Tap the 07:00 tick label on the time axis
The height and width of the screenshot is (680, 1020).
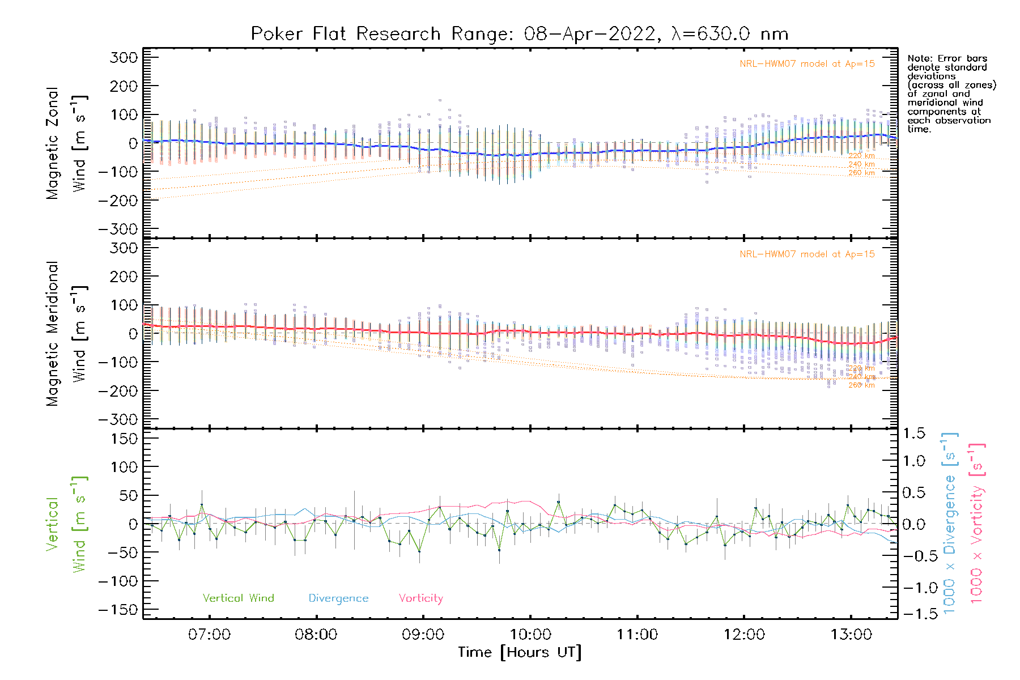(209, 635)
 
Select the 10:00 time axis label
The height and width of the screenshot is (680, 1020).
(530, 635)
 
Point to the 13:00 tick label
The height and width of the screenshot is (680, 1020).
(851, 635)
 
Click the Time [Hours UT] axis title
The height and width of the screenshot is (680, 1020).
(520, 653)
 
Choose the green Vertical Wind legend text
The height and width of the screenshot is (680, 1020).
(238, 598)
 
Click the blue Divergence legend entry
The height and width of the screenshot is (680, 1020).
(338, 598)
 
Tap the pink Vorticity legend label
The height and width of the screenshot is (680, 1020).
(420, 598)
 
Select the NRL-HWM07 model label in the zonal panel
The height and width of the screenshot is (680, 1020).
(807, 64)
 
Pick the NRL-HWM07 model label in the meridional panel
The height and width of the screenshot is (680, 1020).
(807, 254)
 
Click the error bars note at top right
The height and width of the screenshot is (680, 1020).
(951, 93)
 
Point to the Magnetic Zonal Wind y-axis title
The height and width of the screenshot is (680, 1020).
(67, 143)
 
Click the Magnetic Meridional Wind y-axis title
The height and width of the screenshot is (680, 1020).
(67, 334)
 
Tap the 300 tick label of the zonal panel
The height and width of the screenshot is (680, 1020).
(124, 58)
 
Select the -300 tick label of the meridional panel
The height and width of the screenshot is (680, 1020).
(118, 420)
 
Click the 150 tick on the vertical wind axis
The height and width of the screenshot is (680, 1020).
(124, 439)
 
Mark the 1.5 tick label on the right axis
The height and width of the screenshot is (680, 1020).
(913, 433)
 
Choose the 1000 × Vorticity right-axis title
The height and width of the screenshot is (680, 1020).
(977, 523)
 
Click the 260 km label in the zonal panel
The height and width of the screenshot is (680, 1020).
(861, 173)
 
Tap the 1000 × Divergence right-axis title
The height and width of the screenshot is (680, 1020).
(950, 523)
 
